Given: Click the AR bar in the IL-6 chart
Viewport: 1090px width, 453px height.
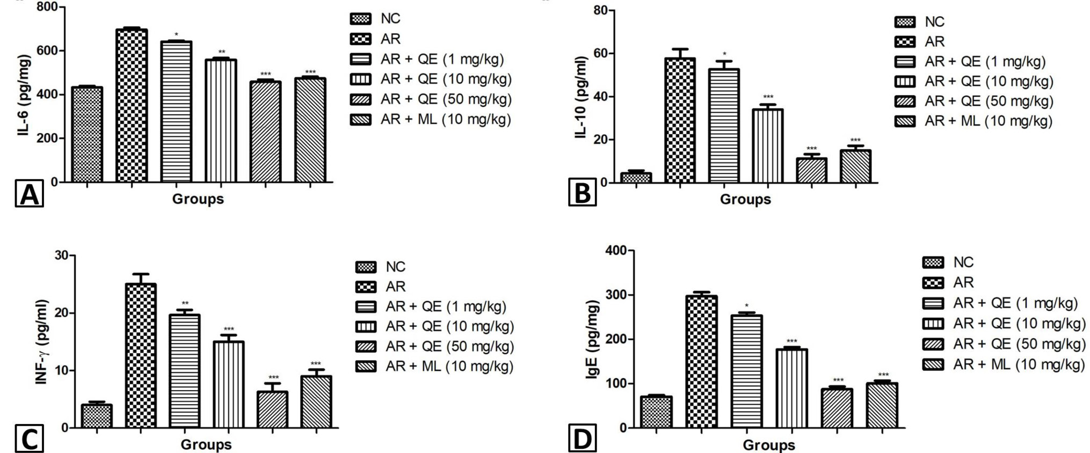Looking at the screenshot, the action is pyautogui.click(x=132, y=105).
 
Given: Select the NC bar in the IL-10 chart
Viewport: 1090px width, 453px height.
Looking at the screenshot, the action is pyautogui.click(x=636, y=178).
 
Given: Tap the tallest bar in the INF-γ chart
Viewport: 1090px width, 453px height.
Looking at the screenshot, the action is pyautogui.click(x=141, y=356).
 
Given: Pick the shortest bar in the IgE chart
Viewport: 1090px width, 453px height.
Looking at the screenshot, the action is pyautogui.click(x=656, y=412).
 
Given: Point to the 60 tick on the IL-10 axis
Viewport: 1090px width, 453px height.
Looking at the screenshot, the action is pyautogui.click(x=599, y=54).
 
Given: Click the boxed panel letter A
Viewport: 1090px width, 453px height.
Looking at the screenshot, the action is pyautogui.click(x=29, y=194).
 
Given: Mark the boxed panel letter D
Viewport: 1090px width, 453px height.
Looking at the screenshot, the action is pyautogui.click(x=583, y=440).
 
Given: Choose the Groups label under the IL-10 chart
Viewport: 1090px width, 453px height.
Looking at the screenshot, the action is pyautogui.click(x=745, y=200).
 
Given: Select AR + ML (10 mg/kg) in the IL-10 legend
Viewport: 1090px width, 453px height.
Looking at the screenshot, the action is pyautogui.click(x=973, y=121).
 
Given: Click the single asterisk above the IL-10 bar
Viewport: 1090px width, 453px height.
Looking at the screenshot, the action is pyautogui.click(x=724, y=54).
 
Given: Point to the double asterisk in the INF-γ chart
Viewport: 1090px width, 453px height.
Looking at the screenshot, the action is pyautogui.click(x=185, y=303).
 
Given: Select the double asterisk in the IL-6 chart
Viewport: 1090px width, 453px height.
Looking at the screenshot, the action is pyautogui.click(x=222, y=52).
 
